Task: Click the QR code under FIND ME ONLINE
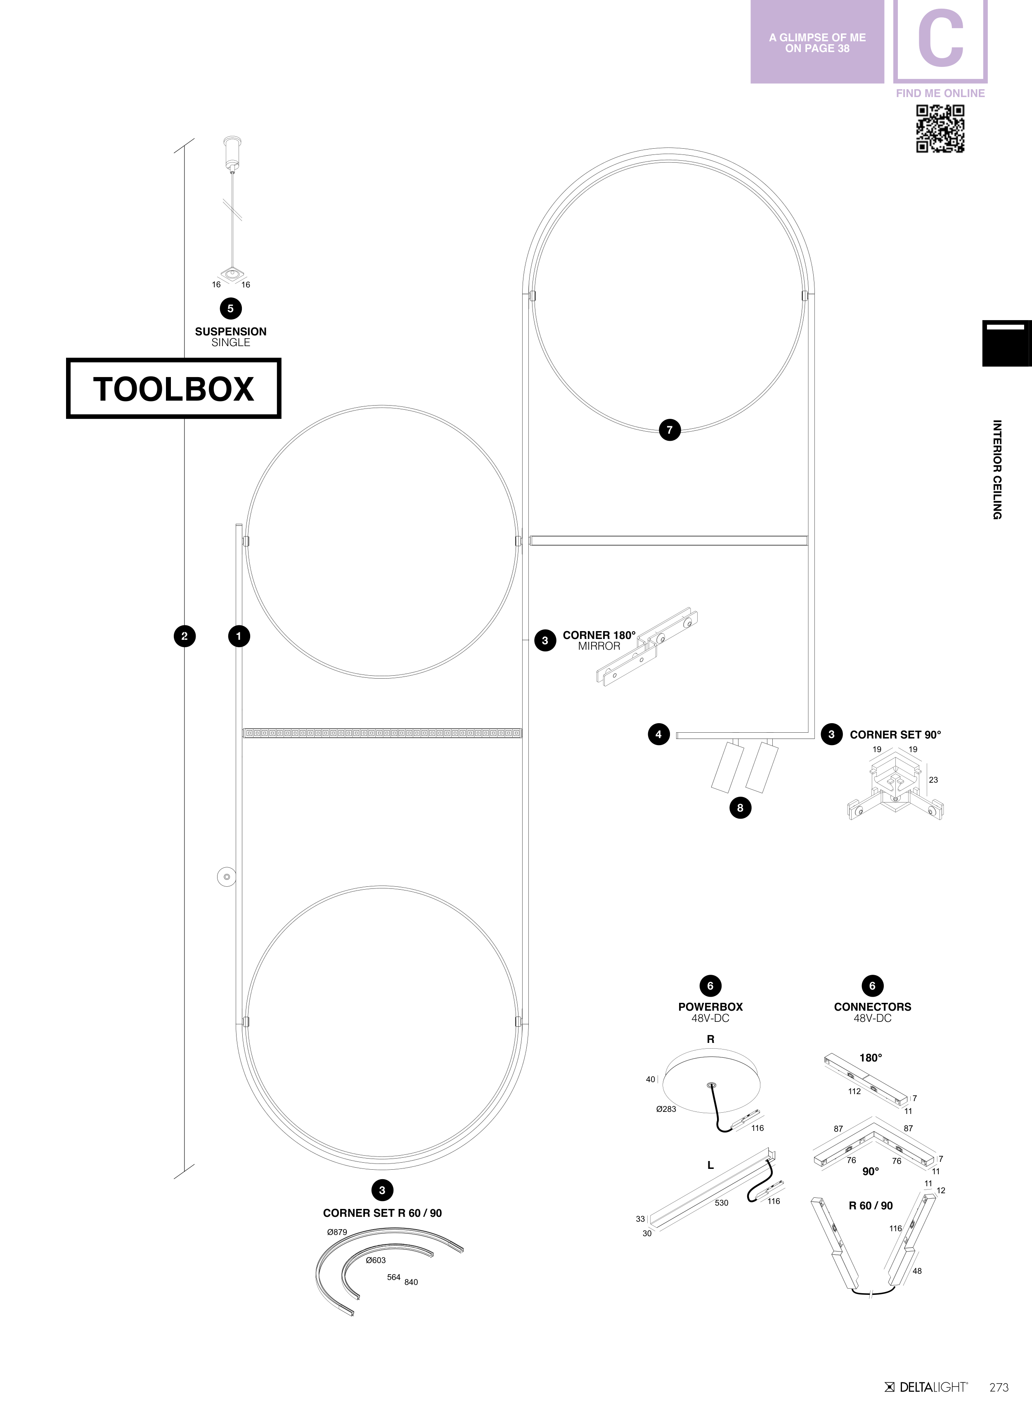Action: [940, 128]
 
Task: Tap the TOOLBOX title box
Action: [173, 388]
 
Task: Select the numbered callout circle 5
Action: [230, 308]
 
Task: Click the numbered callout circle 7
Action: [670, 430]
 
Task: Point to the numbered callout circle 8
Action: [740, 807]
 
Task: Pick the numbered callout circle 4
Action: [658, 734]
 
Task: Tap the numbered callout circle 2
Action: [184, 636]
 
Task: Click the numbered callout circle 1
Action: [239, 636]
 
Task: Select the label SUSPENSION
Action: [230, 332]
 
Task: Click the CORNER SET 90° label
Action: [895, 734]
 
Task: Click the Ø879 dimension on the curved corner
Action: [337, 1232]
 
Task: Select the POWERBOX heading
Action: [710, 1007]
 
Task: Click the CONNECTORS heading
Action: [872, 1007]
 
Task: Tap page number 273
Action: [999, 1387]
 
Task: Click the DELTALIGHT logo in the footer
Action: [926, 1387]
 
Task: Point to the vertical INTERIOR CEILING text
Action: [997, 470]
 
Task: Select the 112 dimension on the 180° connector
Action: [854, 1091]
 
